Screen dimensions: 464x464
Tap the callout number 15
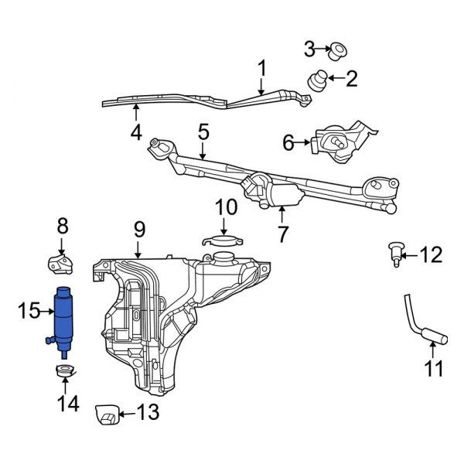click(28, 311)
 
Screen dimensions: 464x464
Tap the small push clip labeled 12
click(394, 252)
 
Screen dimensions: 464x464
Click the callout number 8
click(63, 227)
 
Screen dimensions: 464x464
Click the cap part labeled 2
click(317, 80)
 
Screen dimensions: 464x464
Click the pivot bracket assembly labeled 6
click(340, 142)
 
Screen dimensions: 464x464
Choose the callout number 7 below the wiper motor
click(284, 233)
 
